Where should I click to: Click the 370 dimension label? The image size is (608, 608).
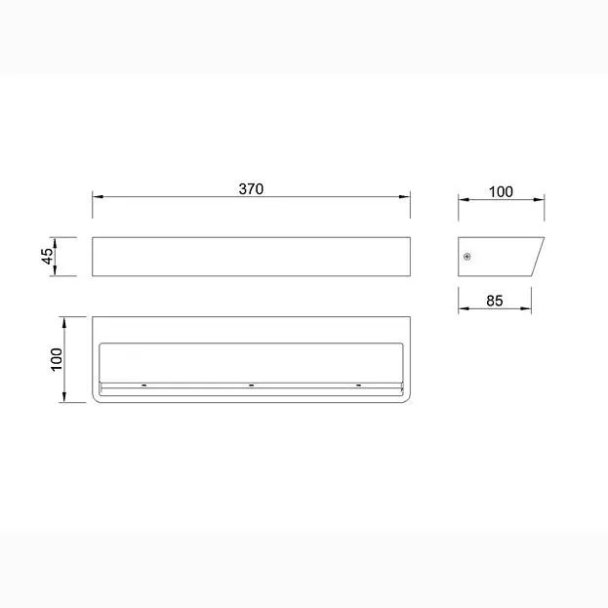[251, 188]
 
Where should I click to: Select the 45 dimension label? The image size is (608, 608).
[48, 257]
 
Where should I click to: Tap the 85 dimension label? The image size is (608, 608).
[495, 301]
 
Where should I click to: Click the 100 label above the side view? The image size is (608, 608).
[501, 192]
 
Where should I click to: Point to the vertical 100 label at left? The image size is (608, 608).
[57, 359]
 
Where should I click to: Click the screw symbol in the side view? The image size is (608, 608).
[467, 257]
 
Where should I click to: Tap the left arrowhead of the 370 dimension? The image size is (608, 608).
[98, 196]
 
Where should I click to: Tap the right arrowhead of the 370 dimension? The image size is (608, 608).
[405, 196]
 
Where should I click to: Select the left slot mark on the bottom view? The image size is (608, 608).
[143, 385]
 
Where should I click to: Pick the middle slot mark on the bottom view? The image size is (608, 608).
[251, 385]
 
